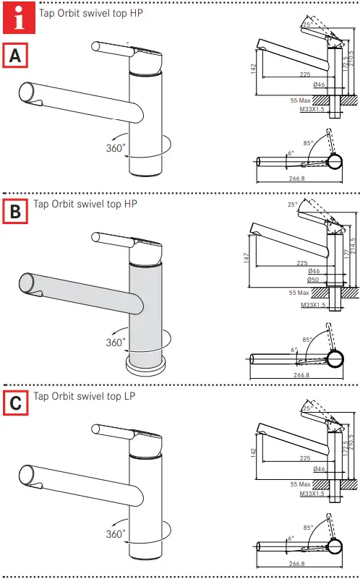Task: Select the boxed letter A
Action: (x=16, y=55)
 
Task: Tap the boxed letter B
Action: (x=16, y=212)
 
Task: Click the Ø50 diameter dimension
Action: (x=313, y=280)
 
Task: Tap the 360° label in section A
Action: (x=116, y=147)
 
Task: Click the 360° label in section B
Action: (x=116, y=342)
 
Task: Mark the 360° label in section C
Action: (x=116, y=534)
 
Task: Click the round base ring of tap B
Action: (x=145, y=365)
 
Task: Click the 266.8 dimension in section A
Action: (x=297, y=178)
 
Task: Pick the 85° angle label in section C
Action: (x=310, y=528)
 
